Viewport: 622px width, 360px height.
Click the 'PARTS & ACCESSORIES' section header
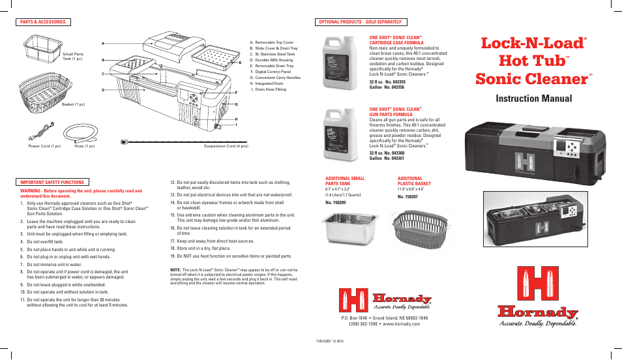point(44,22)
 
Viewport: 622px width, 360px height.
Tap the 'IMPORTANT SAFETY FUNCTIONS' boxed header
point(52,182)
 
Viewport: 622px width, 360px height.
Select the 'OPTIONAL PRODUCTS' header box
point(359,22)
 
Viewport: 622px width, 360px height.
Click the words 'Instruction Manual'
point(535,98)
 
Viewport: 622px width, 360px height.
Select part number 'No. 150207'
point(407,197)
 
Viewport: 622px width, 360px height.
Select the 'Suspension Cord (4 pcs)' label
point(226,146)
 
